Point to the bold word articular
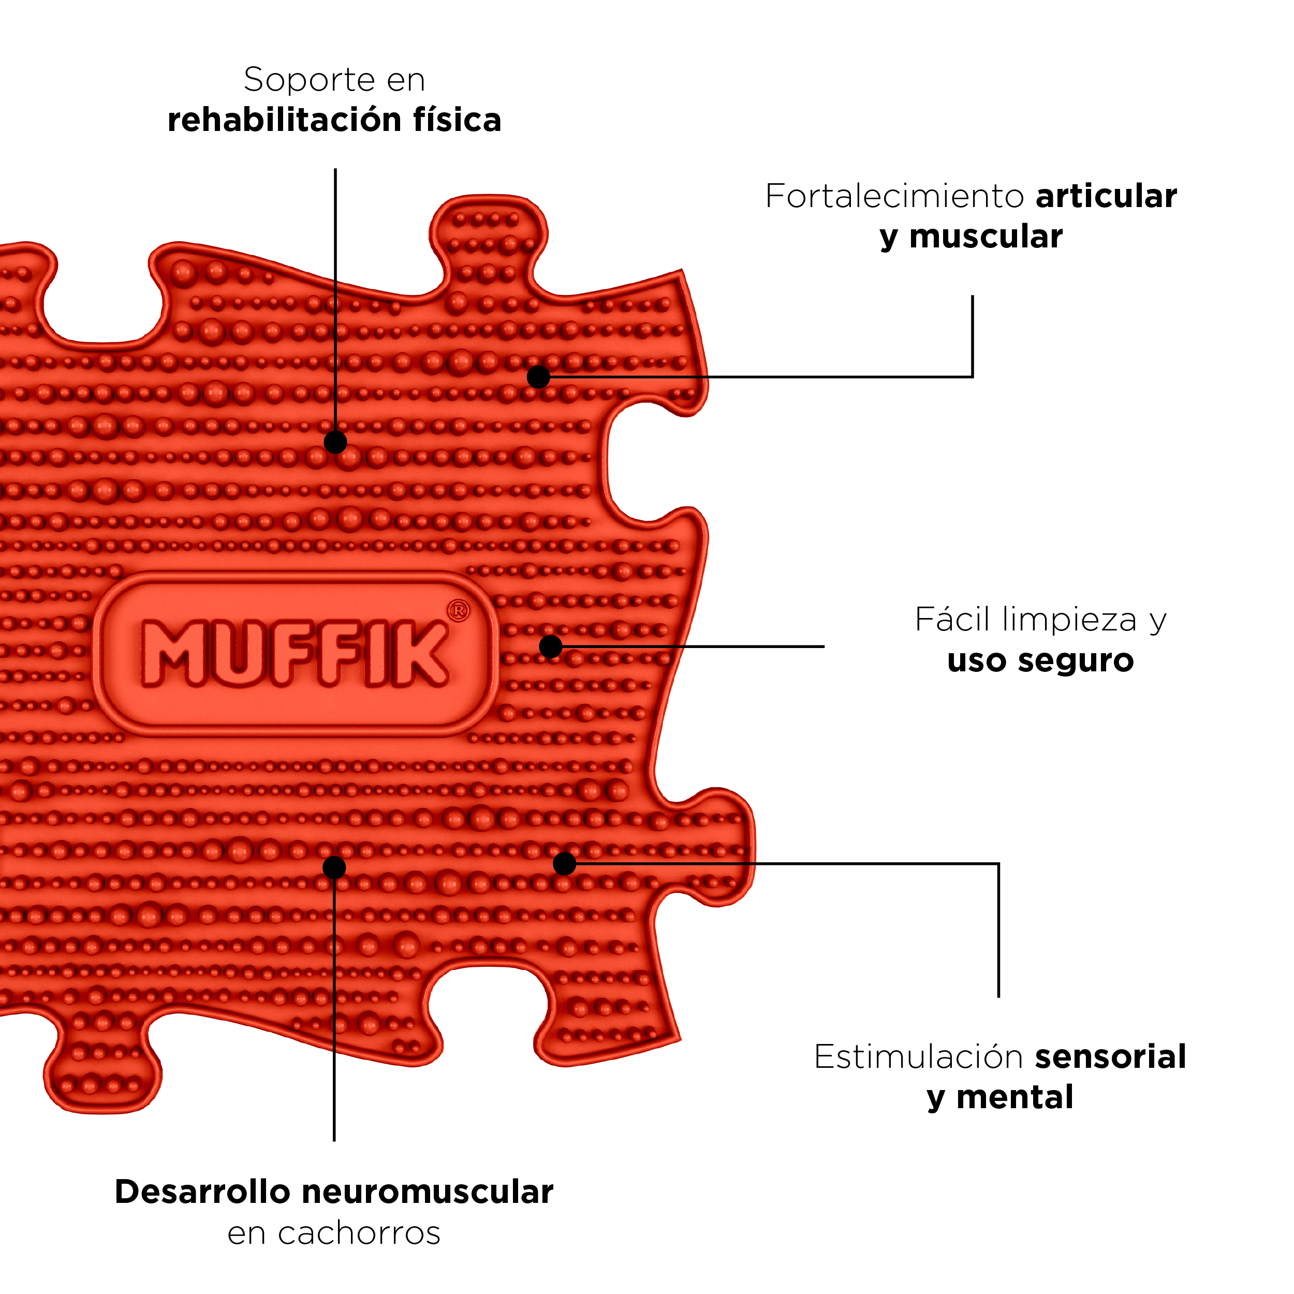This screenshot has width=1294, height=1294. point(1107,196)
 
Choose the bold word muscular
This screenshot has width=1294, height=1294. point(986,237)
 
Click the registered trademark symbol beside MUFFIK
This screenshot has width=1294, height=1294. point(458,611)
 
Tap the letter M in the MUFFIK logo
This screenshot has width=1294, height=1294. point(173,653)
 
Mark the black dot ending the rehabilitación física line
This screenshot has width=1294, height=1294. point(335,442)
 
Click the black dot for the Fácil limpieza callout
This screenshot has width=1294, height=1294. point(551,646)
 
